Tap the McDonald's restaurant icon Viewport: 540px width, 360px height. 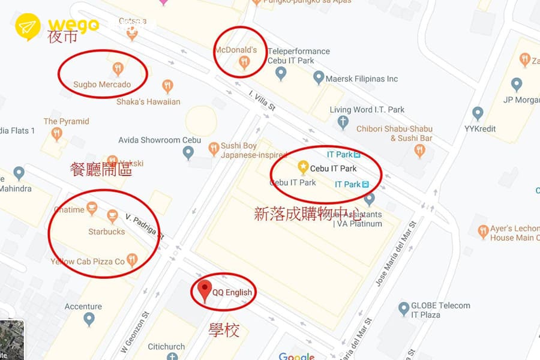pos(244,61)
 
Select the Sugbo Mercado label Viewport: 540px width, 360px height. pos(102,85)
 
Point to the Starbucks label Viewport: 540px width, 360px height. pos(107,231)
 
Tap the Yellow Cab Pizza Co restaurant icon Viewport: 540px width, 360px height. pos(132,260)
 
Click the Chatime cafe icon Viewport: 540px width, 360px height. pos(92,208)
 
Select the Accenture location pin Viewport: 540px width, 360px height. pos(89,319)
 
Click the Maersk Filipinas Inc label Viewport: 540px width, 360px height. pos(362,79)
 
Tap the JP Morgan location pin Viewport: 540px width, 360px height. pos(516,84)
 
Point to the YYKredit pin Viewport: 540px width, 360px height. pos(478,113)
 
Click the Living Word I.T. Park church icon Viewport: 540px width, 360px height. pos(343,122)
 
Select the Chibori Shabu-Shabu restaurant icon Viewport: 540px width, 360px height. pos(420,151)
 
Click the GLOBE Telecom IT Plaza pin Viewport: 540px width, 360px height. pos(404,308)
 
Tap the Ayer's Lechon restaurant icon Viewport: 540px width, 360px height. pos(483,232)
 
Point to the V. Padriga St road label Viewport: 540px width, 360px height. pos(145,226)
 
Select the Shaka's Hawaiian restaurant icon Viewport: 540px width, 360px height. pos(167,86)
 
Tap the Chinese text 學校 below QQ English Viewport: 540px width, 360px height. pos(224,330)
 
